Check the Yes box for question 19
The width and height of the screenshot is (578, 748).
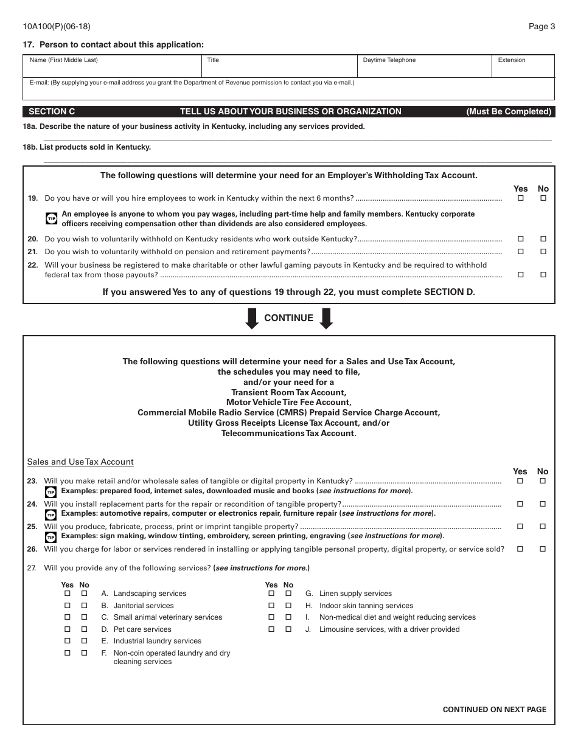(520, 198)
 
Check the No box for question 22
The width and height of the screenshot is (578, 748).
(543, 275)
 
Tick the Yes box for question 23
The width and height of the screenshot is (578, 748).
(520, 481)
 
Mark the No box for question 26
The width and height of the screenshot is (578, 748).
(543, 549)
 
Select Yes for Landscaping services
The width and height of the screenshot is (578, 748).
(68, 594)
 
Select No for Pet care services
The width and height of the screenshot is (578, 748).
(85, 629)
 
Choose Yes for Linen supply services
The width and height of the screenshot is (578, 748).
(271, 594)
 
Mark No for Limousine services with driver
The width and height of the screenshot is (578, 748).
(288, 629)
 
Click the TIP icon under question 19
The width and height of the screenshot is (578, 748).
(52, 218)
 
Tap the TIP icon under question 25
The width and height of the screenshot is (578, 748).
(52, 537)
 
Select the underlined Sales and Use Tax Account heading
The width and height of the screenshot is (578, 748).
(80, 462)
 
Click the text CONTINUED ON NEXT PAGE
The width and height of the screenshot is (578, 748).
(494, 709)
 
